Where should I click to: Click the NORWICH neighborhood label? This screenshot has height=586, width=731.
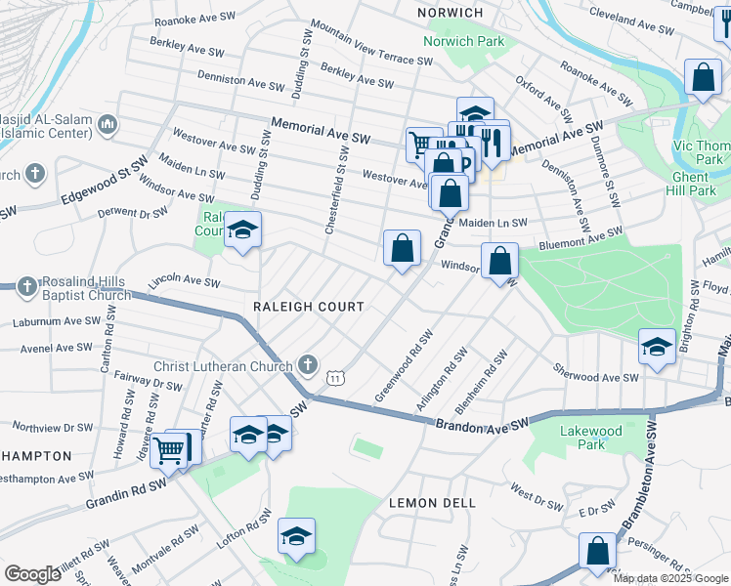[x=451, y=12]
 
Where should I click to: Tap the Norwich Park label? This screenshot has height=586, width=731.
[x=463, y=41]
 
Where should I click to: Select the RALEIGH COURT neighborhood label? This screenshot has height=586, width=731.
[x=308, y=307]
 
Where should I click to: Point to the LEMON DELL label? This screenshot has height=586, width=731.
[x=432, y=503]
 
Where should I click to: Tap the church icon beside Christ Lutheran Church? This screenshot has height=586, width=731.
[x=308, y=366]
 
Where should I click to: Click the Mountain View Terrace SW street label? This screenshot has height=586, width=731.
[x=370, y=44]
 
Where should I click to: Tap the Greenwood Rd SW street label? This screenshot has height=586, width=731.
[x=404, y=366]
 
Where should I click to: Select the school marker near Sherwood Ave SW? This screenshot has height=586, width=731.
[x=656, y=346]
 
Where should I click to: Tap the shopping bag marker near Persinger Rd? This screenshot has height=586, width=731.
[x=597, y=550]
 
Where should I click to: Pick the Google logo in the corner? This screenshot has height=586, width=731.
[x=32, y=574]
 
